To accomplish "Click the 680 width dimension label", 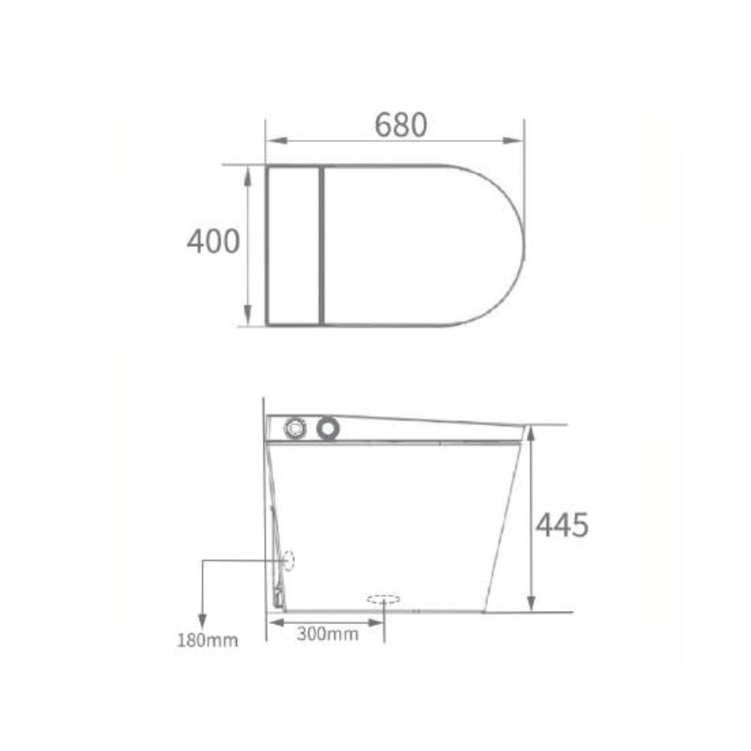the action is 401,125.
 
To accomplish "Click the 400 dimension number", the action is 213,241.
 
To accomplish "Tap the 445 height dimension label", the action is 561,525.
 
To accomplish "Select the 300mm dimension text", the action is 327,635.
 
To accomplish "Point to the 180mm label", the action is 208,640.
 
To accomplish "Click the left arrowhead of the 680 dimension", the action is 276,141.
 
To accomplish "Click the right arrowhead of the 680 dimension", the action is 513,141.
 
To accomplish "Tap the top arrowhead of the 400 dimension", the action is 247,176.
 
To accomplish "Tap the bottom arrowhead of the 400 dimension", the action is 247,315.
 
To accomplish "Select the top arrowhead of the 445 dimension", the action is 531,436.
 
